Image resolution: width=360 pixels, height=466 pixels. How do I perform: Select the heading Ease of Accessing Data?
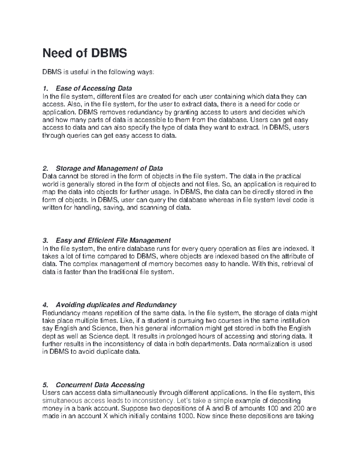(94, 89)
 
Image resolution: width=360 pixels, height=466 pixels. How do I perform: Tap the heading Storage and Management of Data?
(109, 168)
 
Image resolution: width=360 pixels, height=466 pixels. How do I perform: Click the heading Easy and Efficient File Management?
(113, 240)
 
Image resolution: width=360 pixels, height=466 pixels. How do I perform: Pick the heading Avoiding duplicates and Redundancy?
(116, 305)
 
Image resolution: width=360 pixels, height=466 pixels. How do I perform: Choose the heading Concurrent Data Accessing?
(100, 385)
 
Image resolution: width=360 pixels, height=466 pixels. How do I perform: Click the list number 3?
(45, 240)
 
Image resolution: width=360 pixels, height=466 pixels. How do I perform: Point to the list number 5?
(45, 385)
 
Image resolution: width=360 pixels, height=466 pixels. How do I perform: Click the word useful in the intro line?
(79, 72)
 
